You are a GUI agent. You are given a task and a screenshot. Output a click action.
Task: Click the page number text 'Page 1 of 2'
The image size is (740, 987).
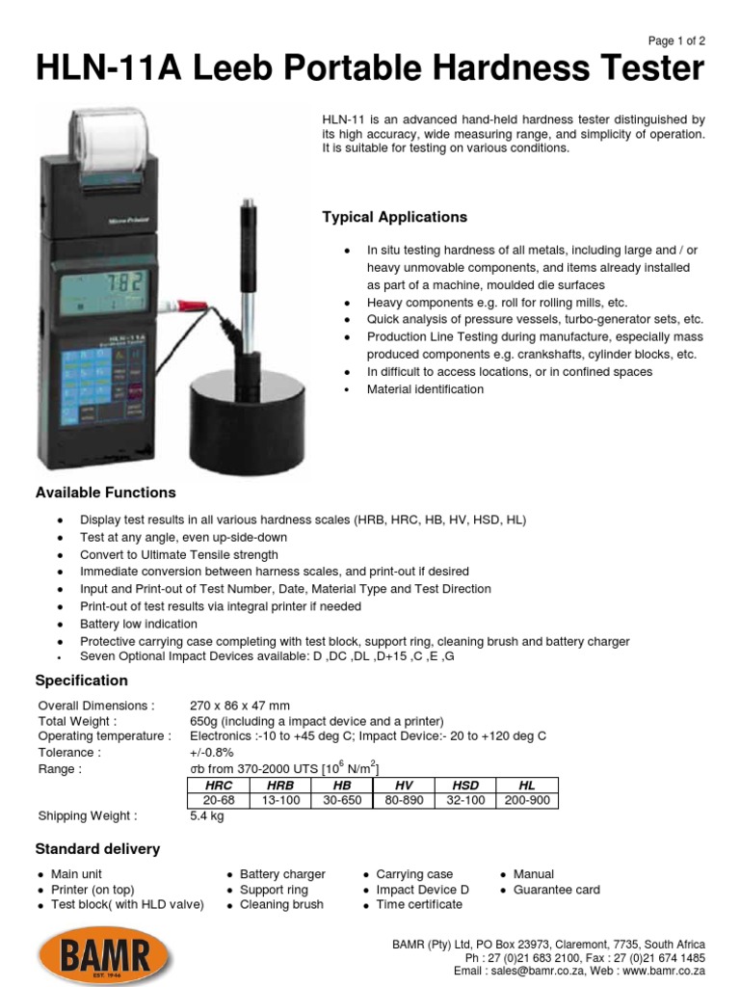675,40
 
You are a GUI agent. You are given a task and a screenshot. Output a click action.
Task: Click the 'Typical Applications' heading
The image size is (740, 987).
394,217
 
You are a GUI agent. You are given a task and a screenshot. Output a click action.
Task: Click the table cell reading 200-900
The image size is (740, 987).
527,800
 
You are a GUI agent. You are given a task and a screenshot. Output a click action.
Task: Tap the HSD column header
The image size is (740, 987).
465,786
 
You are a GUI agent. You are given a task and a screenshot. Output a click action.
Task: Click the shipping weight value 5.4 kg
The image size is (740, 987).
207,815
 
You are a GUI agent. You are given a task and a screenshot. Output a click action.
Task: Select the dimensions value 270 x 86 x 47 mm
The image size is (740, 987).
240,705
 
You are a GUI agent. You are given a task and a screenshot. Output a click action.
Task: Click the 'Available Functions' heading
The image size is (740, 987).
105,493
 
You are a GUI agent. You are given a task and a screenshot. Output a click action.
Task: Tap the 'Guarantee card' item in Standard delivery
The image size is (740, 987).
556,890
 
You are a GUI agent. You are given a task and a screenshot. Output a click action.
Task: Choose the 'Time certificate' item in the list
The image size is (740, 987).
418,905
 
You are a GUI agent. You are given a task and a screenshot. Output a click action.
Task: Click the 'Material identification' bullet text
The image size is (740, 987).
425,389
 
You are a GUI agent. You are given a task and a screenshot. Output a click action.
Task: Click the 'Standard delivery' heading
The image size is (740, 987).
97,849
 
